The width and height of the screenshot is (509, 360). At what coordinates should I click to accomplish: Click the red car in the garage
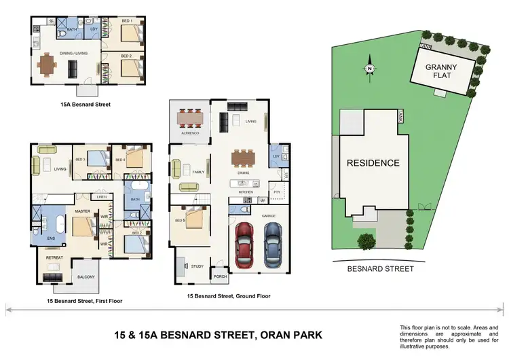click(x=246, y=247)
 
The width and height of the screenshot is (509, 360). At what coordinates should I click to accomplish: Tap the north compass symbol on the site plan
click(x=369, y=69)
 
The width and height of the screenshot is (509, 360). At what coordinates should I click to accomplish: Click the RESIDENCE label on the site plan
click(x=373, y=163)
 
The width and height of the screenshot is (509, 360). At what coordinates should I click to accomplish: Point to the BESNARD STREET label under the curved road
click(x=380, y=269)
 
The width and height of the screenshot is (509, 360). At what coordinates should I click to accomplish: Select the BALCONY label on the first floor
click(x=86, y=277)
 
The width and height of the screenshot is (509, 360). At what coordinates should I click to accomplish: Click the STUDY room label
click(x=197, y=266)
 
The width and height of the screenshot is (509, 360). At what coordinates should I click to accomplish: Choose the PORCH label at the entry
click(x=219, y=276)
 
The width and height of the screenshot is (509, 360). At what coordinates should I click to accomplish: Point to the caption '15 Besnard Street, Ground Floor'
click(x=229, y=297)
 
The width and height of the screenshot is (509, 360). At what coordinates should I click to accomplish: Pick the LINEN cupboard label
click(x=102, y=197)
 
